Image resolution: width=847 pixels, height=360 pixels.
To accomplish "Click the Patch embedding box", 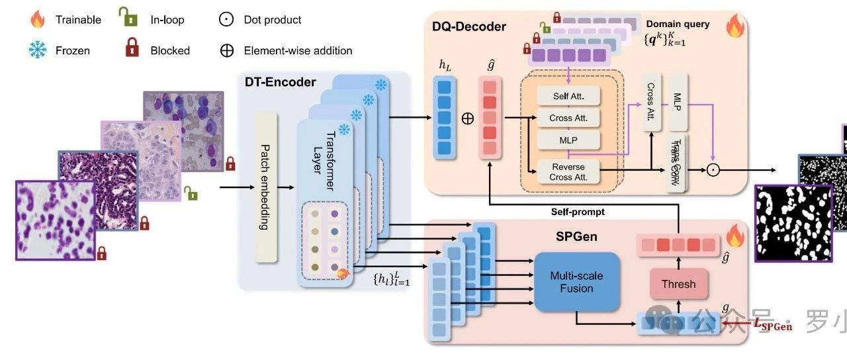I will (x=264, y=187).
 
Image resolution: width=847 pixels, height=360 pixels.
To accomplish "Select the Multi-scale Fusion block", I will (x=576, y=282).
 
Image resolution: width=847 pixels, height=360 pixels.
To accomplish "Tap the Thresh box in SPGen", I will (x=678, y=284).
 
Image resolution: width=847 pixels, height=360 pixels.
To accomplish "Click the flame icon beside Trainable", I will (x=38, y=19).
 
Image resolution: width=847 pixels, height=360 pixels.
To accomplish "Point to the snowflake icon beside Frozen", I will (x=38, y=50).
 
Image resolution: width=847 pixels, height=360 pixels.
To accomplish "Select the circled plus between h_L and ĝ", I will (x=468, y=119).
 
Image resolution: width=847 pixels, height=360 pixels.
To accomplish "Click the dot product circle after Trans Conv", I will (x=713, y=169).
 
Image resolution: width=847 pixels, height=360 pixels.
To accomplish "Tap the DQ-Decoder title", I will (x=469, y=27).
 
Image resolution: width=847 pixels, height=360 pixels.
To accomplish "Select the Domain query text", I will (x=678, y=24).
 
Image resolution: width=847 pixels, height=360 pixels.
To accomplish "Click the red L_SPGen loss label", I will (x=773, y=324).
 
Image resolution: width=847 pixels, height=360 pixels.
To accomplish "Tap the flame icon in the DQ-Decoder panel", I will (x=735, y=26).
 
